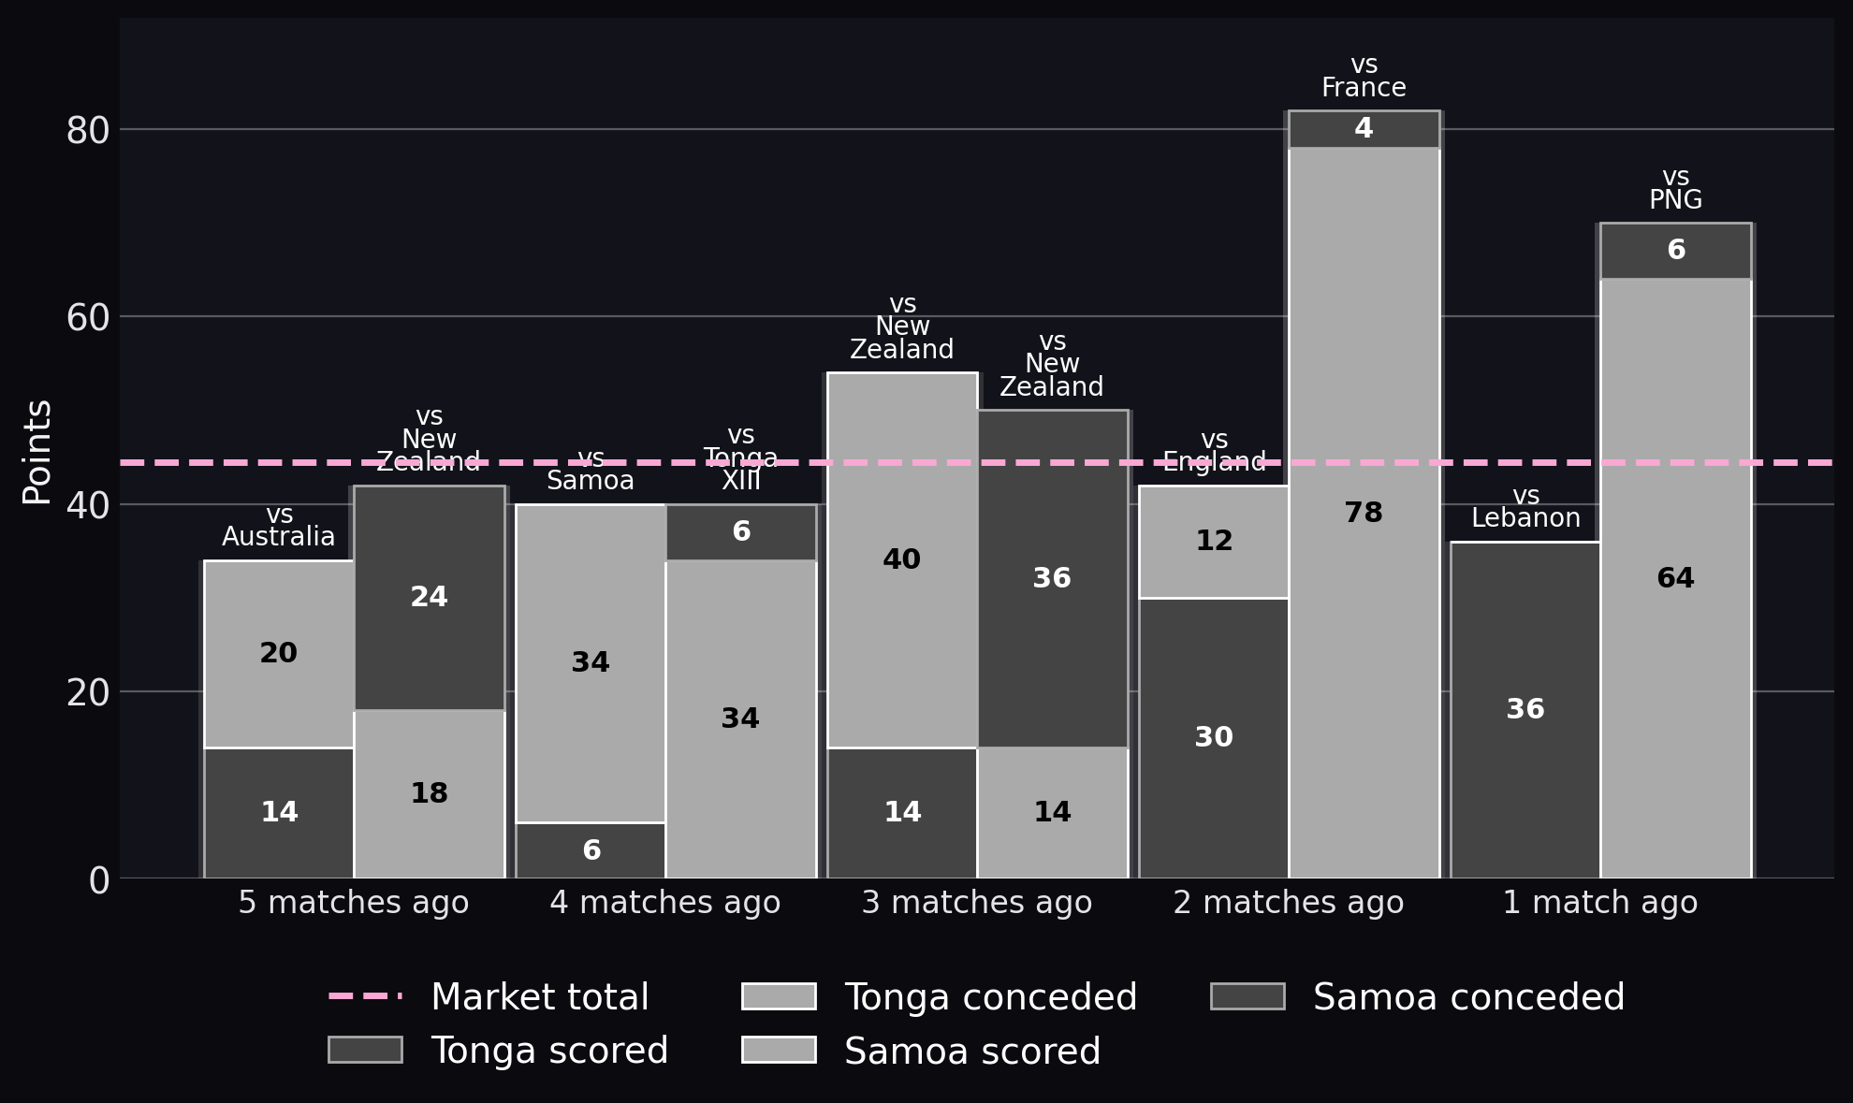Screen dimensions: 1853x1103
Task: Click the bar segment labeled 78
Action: click(x=1364, y=513)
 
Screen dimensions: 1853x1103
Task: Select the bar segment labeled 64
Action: click(x=1675, y=578)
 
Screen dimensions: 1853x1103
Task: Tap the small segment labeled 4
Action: click(x=1364, y=129)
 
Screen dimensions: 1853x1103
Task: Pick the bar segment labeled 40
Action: click(x=902, y=559)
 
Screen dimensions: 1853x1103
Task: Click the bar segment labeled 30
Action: click(x=1214, y=737)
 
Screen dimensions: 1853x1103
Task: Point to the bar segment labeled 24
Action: click(x=429, y=597)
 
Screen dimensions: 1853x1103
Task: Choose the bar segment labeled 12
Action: click(x=1214, y=541)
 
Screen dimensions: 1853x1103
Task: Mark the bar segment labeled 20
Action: click(x=279, y=653)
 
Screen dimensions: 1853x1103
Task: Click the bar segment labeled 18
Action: click(x=429, y=793)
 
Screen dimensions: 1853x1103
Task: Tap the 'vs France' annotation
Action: click(x=1364, y=77)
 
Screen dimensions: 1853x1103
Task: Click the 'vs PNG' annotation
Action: click(x=1675, y=189)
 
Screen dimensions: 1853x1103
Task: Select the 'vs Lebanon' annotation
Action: click(x=1525, y=507)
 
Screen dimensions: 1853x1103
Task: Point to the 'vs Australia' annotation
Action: click(x=279, y=526)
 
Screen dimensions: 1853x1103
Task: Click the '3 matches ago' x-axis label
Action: click(x=977, y=903)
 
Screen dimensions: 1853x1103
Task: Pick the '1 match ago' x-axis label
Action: click(x=1600, y=903)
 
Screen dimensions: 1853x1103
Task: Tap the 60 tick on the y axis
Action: click(x=88, y=317)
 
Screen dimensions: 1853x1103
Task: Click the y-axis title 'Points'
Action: click(x=37, y=452)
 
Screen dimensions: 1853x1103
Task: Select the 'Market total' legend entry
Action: click(x=489, y=997)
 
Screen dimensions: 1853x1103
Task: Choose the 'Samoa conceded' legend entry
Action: click(x=1418, y=997)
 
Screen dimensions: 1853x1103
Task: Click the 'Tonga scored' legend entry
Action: click(x=498, y=1051)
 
